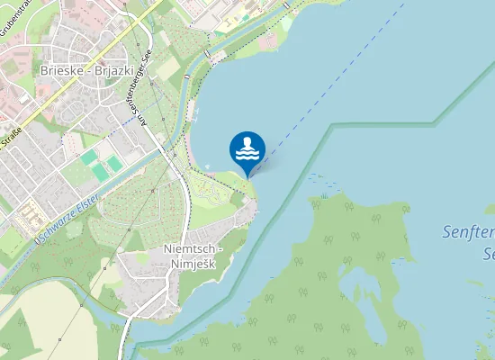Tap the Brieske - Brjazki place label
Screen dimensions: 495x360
(86, 69)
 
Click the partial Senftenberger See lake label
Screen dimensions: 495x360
(468, 241)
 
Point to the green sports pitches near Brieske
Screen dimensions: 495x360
(102, 163)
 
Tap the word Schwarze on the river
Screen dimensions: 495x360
(54, 227)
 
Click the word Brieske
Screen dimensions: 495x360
(61, 69)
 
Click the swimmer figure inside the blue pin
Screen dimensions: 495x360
(247, 142)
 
